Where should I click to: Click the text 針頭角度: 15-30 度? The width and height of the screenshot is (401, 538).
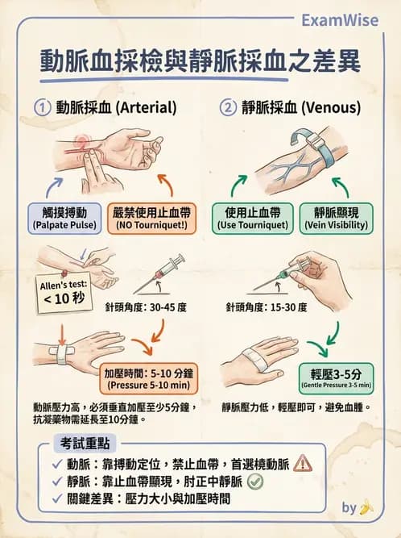[x=267, y=307]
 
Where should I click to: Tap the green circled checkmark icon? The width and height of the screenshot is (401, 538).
[x=255, y=481]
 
